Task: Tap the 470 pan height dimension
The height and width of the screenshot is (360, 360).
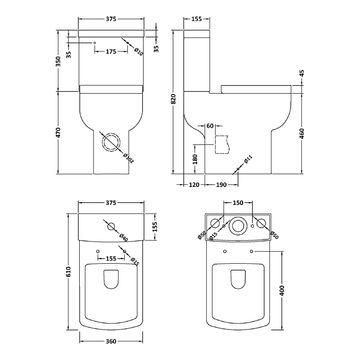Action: coord(58,133)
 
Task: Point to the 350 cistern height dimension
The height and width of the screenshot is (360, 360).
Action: coord(58,62)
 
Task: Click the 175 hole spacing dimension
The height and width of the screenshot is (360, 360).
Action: coord(111,51)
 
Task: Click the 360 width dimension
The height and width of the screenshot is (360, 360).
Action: coord(111,341)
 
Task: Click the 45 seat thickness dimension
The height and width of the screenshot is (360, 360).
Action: coord(302,74)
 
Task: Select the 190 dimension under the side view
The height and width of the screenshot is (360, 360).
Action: coord(221,184)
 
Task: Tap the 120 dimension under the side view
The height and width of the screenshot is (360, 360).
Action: coord(194,184)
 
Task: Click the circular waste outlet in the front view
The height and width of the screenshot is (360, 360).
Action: coord(111,143)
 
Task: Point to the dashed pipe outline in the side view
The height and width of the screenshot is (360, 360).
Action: coord(221,144)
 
